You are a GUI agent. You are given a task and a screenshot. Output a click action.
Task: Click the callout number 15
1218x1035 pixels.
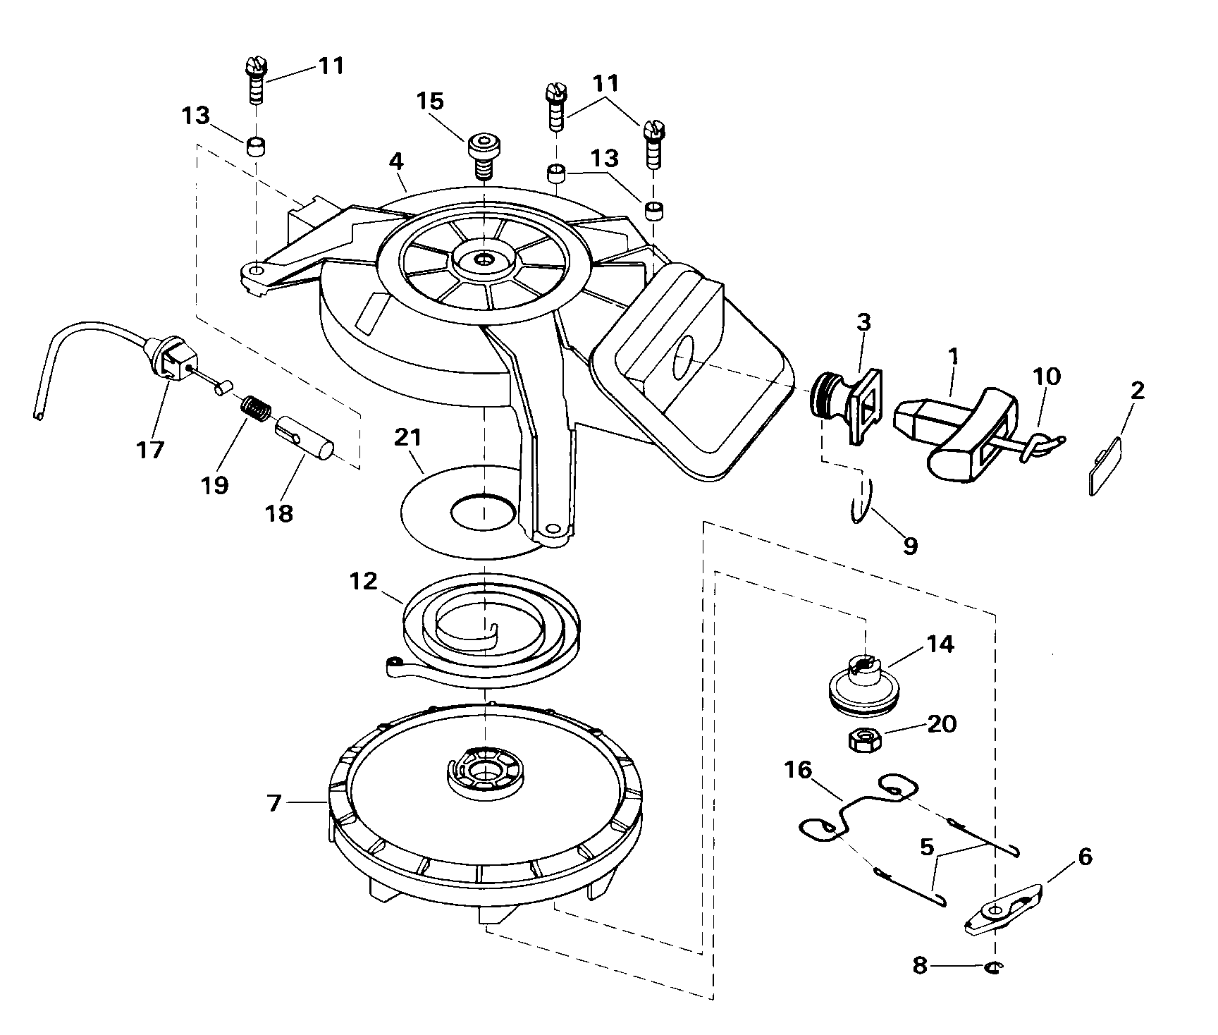430,102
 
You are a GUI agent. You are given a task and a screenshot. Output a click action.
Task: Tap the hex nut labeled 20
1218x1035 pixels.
861,740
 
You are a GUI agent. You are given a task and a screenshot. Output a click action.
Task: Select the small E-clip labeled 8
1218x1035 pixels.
994,967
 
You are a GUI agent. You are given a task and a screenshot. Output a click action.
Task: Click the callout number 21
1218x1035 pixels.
407,438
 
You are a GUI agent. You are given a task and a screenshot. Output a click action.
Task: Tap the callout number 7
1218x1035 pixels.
273,803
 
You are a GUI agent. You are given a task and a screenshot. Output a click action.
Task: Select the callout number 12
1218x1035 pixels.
364,582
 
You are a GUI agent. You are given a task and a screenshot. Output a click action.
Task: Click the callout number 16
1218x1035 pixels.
799,769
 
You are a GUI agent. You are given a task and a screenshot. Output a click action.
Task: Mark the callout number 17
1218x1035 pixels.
150,450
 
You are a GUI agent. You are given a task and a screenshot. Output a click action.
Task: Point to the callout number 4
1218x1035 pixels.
396,161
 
